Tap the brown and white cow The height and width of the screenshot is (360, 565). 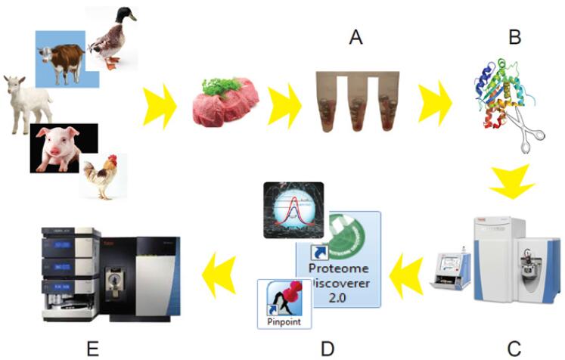tap(60, 57)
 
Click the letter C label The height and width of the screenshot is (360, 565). tap(514, 347)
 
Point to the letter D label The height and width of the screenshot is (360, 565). tap(327, 347)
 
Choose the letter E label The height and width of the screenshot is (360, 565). tap(93, 347)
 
